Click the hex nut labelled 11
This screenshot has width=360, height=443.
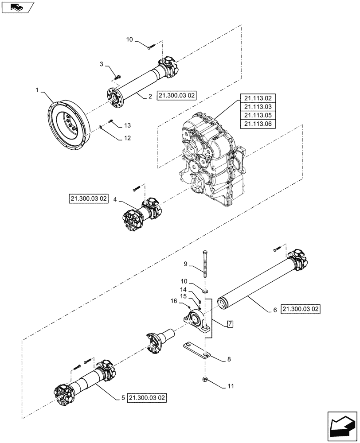coord(206,380)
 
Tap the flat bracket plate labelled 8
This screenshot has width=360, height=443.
coord(195,349)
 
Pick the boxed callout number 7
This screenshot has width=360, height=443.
coord(230,324)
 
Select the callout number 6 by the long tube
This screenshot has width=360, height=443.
coord(275,310)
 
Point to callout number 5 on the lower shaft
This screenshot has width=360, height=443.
coord(123,398)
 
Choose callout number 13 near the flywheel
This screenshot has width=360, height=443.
coord(128,125)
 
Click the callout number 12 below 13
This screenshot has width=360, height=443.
coord(127,138)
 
